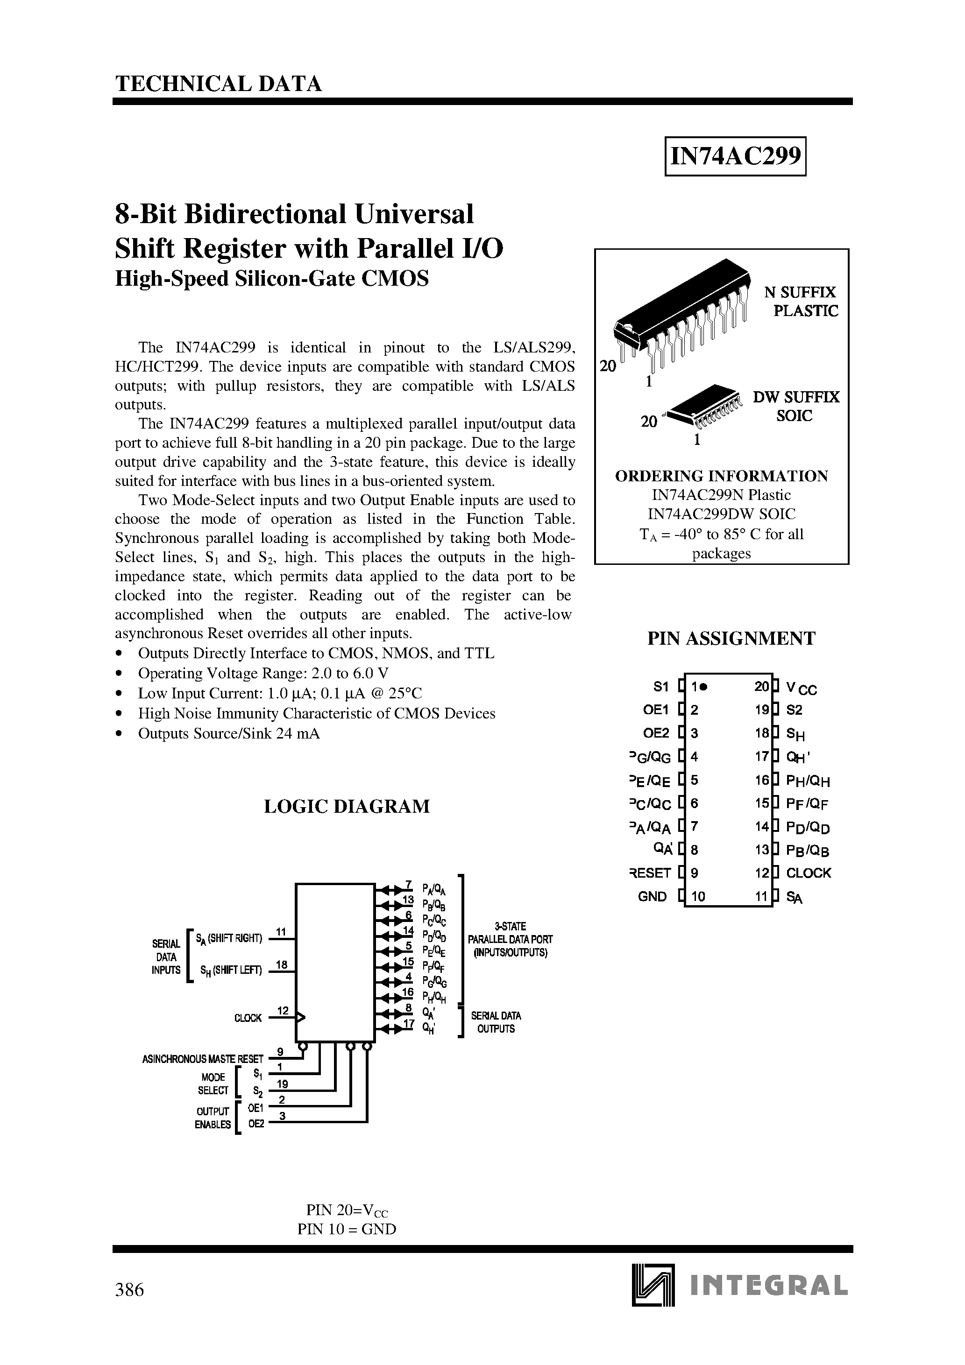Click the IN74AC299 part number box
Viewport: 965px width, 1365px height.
tap(735, 156)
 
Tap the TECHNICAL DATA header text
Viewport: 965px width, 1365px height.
tap(218, 84)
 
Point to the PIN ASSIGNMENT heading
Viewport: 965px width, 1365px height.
tap(731, 639)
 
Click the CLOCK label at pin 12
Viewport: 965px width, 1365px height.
tap(808, 873)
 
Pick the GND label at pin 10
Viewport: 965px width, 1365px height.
tap(652, 896)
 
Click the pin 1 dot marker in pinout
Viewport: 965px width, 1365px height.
tap(703, 687)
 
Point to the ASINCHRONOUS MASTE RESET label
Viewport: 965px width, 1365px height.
tap(202, 1059)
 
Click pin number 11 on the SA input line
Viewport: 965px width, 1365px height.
tap(282, 932)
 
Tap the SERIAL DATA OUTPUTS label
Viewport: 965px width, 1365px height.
tap(496, 1022)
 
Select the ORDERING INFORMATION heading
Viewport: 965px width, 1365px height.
tap(721, 476)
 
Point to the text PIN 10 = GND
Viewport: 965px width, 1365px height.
tap(347, 1230)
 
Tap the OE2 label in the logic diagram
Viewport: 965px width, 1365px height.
tap(256, 1124)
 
